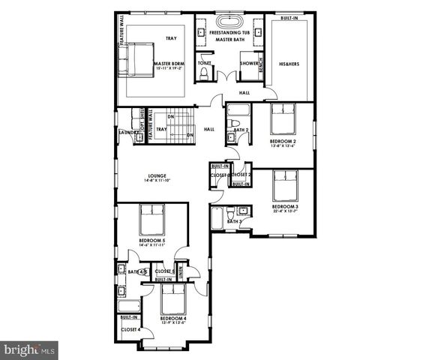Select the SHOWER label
tap(250, 63)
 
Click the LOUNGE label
tap(157, 175)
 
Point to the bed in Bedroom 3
tap(285, 184)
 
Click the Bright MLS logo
tap(29, 349)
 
